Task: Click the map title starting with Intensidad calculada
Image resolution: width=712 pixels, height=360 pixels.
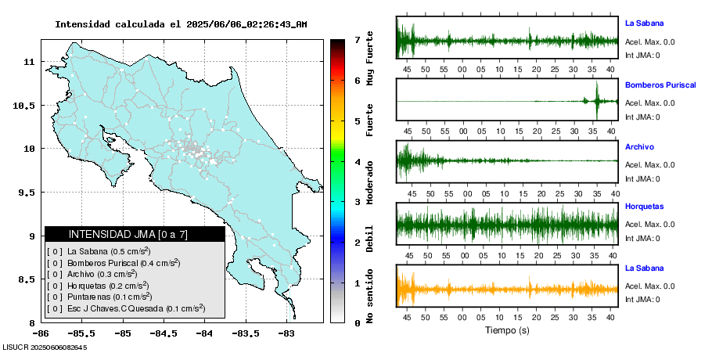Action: pyautogui.click(x=181, y=24)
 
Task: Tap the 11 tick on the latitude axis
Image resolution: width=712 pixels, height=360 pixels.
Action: pyautogui.click(x=29, y=61)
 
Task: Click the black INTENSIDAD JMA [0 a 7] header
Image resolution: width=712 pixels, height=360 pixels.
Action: pyautogui.click(x=135, y=234)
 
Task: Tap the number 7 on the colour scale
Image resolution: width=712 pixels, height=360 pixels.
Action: pyautogui.click(x=357, y=39)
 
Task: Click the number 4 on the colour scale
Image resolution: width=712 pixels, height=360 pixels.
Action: pyautogui.click(x=357, y=162)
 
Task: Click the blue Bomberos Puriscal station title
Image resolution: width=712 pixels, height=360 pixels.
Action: pyautogui.click(x=660, y=85)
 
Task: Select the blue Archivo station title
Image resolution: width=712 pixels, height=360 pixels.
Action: pyautogui.click(x=639, y=146)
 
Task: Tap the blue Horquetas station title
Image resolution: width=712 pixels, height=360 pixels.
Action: pyautogui.click(x=644, y=207)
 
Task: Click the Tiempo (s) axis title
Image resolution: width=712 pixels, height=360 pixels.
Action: pyautogui.click(x=507, y=330)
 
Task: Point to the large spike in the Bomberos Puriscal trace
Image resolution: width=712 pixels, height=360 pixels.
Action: pyautogui.click(x=597, y=101)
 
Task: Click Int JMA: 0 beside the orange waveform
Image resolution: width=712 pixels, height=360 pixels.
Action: pyautogui.click(x=642, y=299)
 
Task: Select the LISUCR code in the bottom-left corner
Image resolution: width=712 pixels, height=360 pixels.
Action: pyautogui.click(x=45, y=347)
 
